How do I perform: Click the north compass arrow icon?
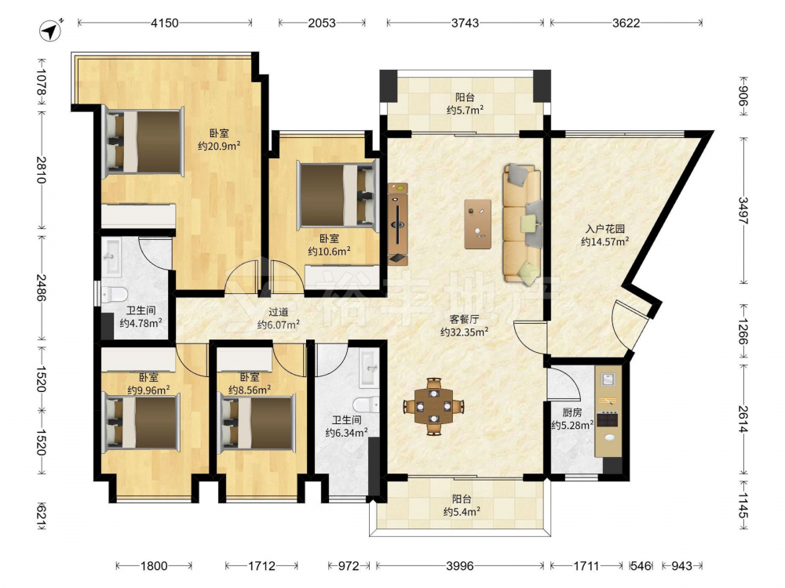click(51, 31)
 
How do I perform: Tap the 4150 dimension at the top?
click(165, 23)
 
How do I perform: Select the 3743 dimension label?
click(465, 23)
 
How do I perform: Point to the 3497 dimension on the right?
click(743, 210)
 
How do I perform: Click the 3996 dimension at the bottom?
click(459, 565)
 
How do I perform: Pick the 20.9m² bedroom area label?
click(219, 146)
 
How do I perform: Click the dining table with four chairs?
click(434, 406)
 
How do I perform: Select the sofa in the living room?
click(523, 223)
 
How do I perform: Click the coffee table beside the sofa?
click(477, 223)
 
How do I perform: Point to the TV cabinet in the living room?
click(398, 223)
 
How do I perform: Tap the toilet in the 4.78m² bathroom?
click(114, 294)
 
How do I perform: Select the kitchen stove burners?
click(608, 419)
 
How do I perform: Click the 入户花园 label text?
click(605, 229)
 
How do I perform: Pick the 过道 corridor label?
click(279, 312)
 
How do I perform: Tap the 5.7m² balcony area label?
click(465, 110)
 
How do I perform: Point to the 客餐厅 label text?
click(464, 320)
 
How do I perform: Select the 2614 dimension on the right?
click(743, 419)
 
